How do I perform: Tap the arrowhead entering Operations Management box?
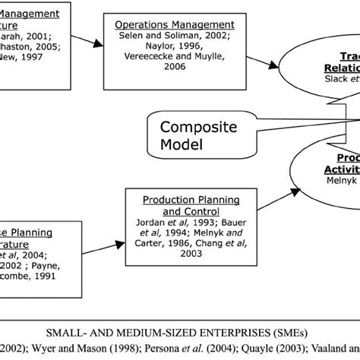(103, 44)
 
